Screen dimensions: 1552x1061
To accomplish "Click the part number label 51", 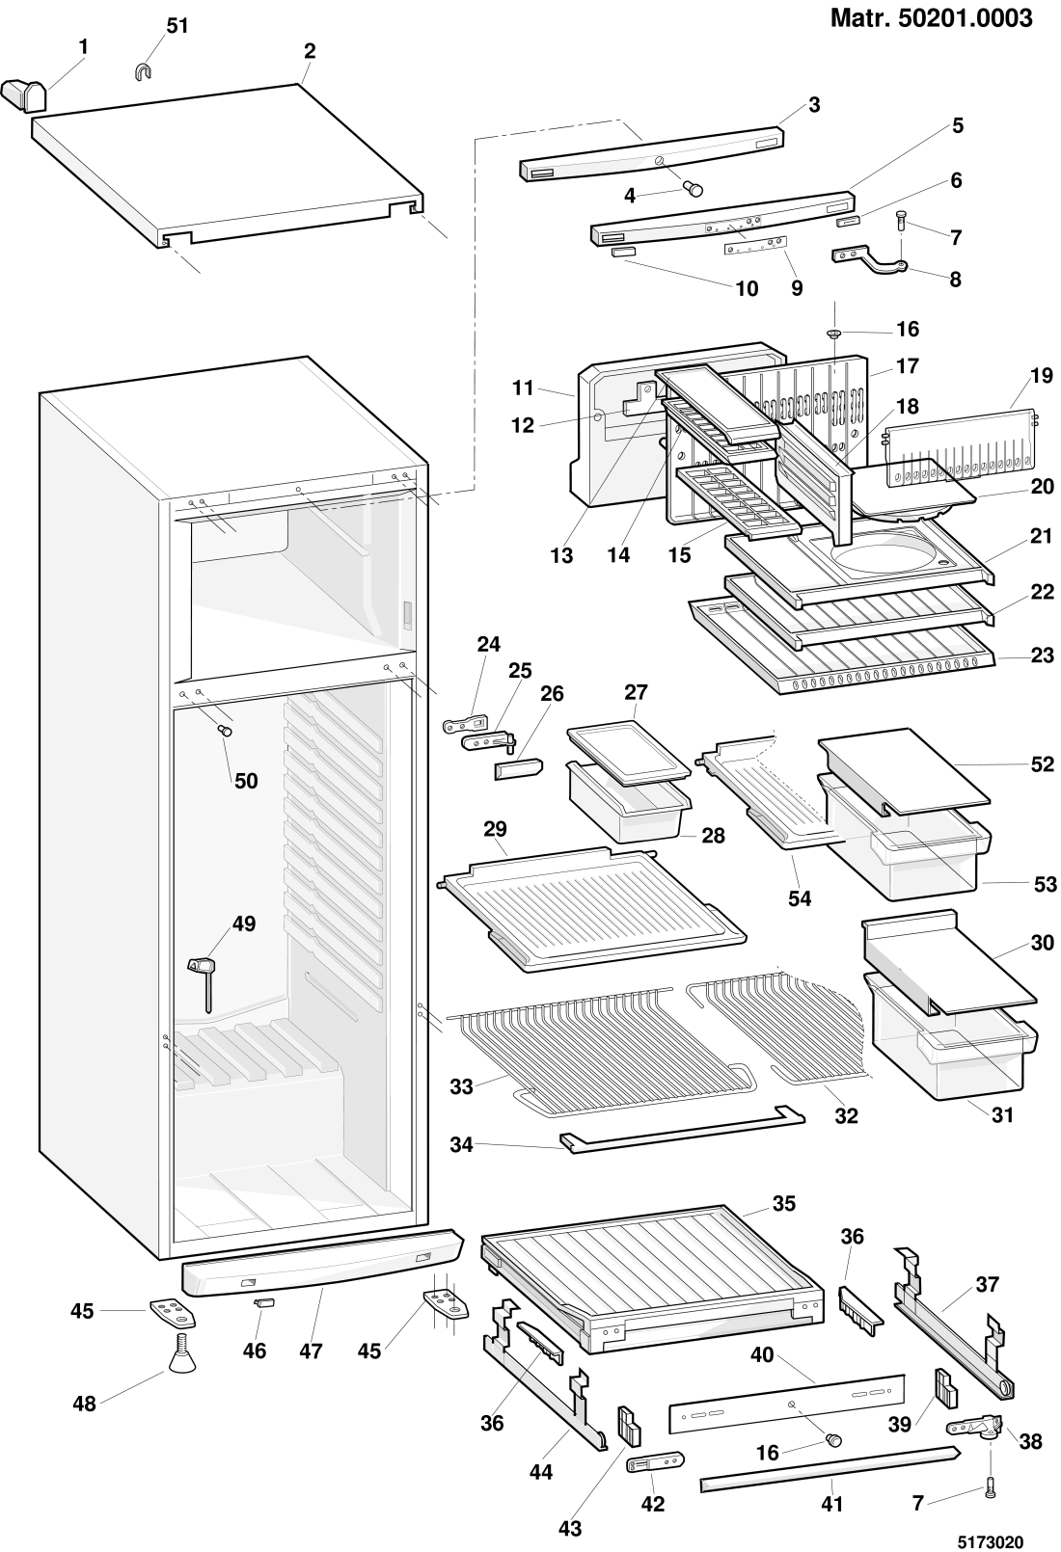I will point(177,26).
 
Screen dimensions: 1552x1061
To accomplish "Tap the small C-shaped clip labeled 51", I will point(142,70).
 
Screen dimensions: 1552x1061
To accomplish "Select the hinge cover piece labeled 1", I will point(24,94).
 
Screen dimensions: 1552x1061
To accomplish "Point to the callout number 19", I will point(1042,376).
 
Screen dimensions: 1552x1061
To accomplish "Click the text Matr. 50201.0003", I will point(931,17).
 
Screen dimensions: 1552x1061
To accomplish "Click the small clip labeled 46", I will point(263,1302).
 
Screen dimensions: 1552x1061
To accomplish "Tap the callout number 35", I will point(784,1203).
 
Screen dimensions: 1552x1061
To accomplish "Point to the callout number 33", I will point(462,1086).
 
